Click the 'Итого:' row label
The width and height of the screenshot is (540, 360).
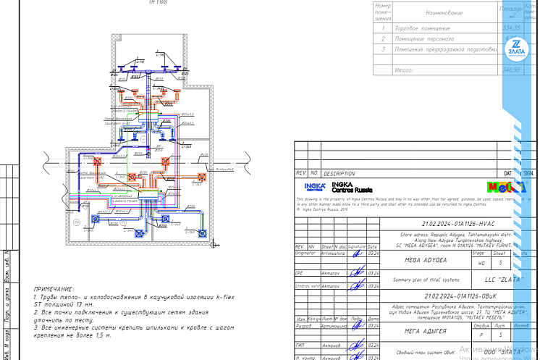403,70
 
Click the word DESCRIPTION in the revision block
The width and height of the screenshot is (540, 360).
339,174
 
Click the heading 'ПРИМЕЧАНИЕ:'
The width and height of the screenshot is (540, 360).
54,288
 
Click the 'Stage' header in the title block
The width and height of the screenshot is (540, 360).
478,253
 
